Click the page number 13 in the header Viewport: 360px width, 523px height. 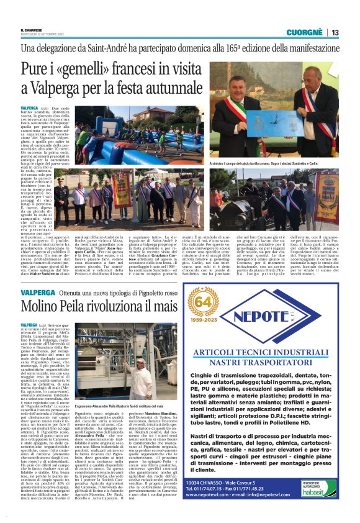(x=335, y=32)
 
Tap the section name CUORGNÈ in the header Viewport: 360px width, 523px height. (x=304, y=32)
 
